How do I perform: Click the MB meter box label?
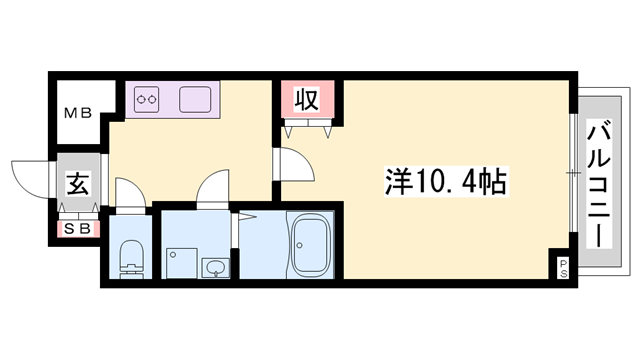(79, 113)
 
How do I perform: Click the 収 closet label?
(306, 100)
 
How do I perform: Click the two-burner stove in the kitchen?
(148, 99)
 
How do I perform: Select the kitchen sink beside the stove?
(194, 99)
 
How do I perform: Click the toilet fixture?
(130, 259)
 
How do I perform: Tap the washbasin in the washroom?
(214, 267)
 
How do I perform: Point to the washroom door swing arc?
(213, 188)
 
